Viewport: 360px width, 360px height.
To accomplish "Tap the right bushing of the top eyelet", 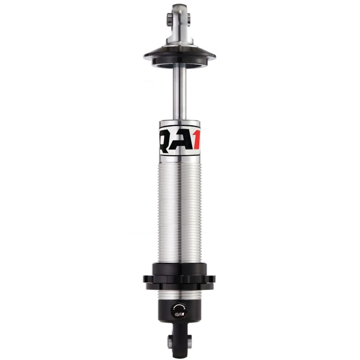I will point(189,18).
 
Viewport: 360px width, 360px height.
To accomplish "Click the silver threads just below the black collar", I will point(180,294).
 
